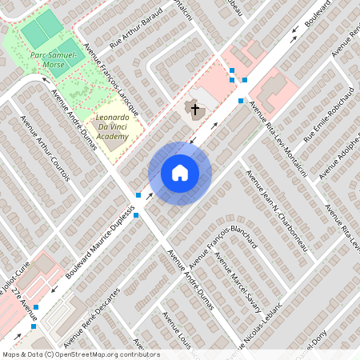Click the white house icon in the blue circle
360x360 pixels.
[180, 173]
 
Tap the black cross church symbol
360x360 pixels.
[194, 108]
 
